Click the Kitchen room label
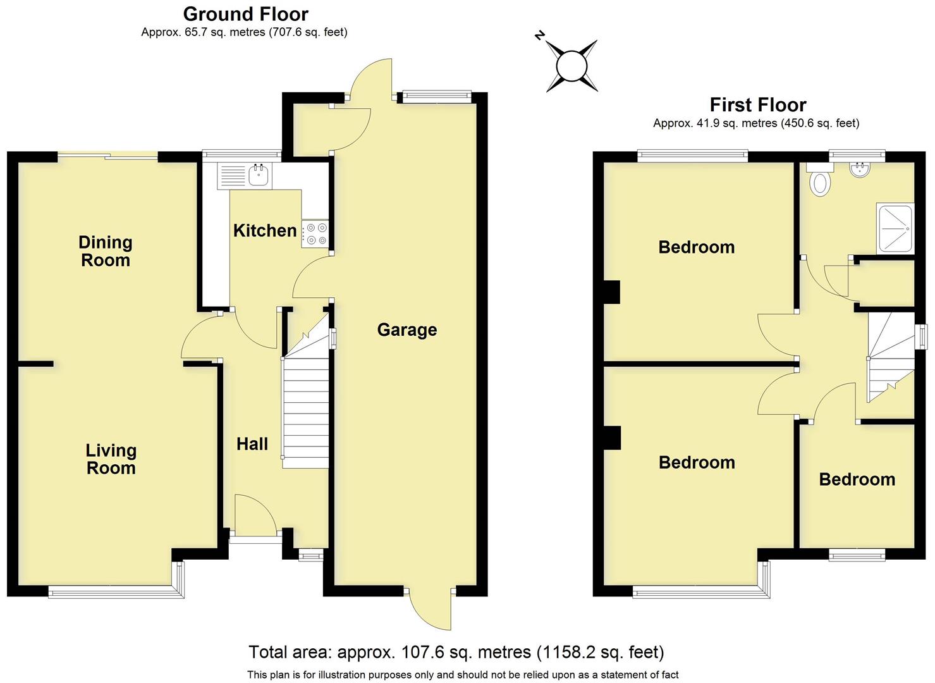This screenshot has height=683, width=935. (265, 231)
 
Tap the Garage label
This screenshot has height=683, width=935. (406, 329)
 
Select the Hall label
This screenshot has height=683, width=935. (252, 444)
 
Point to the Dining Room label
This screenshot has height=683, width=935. (106, 251)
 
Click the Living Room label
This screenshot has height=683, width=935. (111, 459)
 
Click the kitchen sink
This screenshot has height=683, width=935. (258, 175)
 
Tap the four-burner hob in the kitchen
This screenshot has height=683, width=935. (315, 233)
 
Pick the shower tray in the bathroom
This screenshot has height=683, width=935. (895, 228)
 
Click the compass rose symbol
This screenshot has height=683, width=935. (572, 66)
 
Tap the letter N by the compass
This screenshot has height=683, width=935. (539, 36)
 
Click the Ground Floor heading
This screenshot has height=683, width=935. (245, 14)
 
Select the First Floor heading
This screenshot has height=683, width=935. (757, 105)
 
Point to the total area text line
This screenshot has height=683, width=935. (456, 652)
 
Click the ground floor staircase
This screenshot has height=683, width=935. (306, 405)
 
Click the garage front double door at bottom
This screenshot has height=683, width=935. (430, 608)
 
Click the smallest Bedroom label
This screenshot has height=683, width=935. (857, 479)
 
